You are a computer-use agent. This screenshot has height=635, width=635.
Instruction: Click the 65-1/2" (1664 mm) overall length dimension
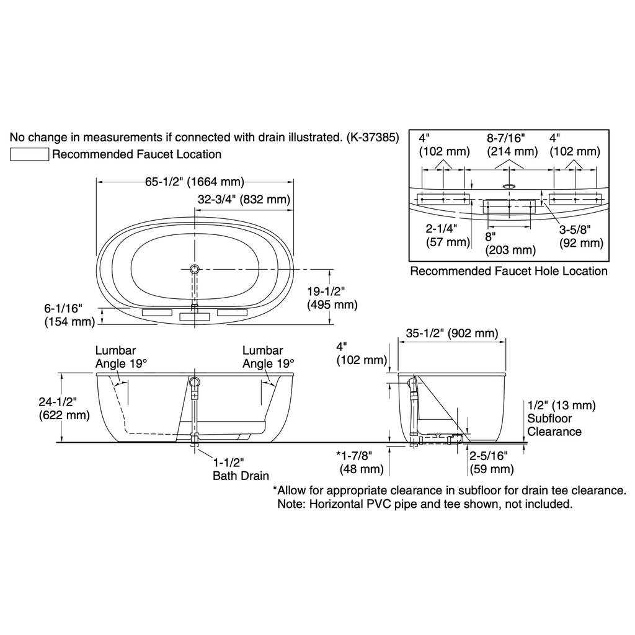coord(195,182)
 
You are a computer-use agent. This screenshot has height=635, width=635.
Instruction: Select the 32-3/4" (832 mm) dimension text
coord(244,199)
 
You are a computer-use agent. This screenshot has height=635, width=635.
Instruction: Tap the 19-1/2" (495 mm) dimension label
coord(332,298)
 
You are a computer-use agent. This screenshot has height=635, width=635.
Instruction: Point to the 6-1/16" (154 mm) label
coord(69,314)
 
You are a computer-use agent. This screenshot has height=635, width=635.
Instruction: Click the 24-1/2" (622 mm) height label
coord(64,408)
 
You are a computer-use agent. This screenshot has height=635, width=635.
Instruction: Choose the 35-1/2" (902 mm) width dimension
coord(452,333)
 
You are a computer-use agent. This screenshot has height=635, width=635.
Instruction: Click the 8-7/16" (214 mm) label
coord(512,144)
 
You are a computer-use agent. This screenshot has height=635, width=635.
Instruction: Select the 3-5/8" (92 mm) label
coord(581,236)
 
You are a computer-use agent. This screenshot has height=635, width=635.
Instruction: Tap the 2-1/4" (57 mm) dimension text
coord(448,235)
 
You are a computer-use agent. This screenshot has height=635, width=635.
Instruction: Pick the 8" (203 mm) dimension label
coord(510,243)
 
